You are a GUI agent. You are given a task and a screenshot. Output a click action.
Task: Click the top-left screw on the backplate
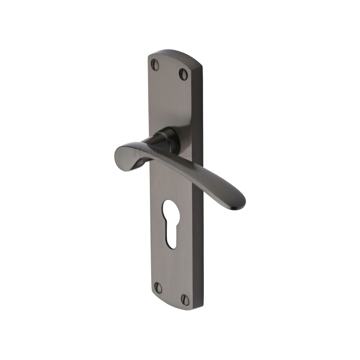[x=156, y=65]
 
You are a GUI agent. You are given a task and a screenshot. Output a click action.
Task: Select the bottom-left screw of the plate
[x=158, y=287]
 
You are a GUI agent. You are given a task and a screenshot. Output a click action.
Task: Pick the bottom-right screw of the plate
[x=185, y=299]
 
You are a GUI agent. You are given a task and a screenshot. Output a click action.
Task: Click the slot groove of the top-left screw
[x=156, y=65]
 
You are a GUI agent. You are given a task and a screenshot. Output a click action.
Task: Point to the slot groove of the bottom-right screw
[x=185, y=299]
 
